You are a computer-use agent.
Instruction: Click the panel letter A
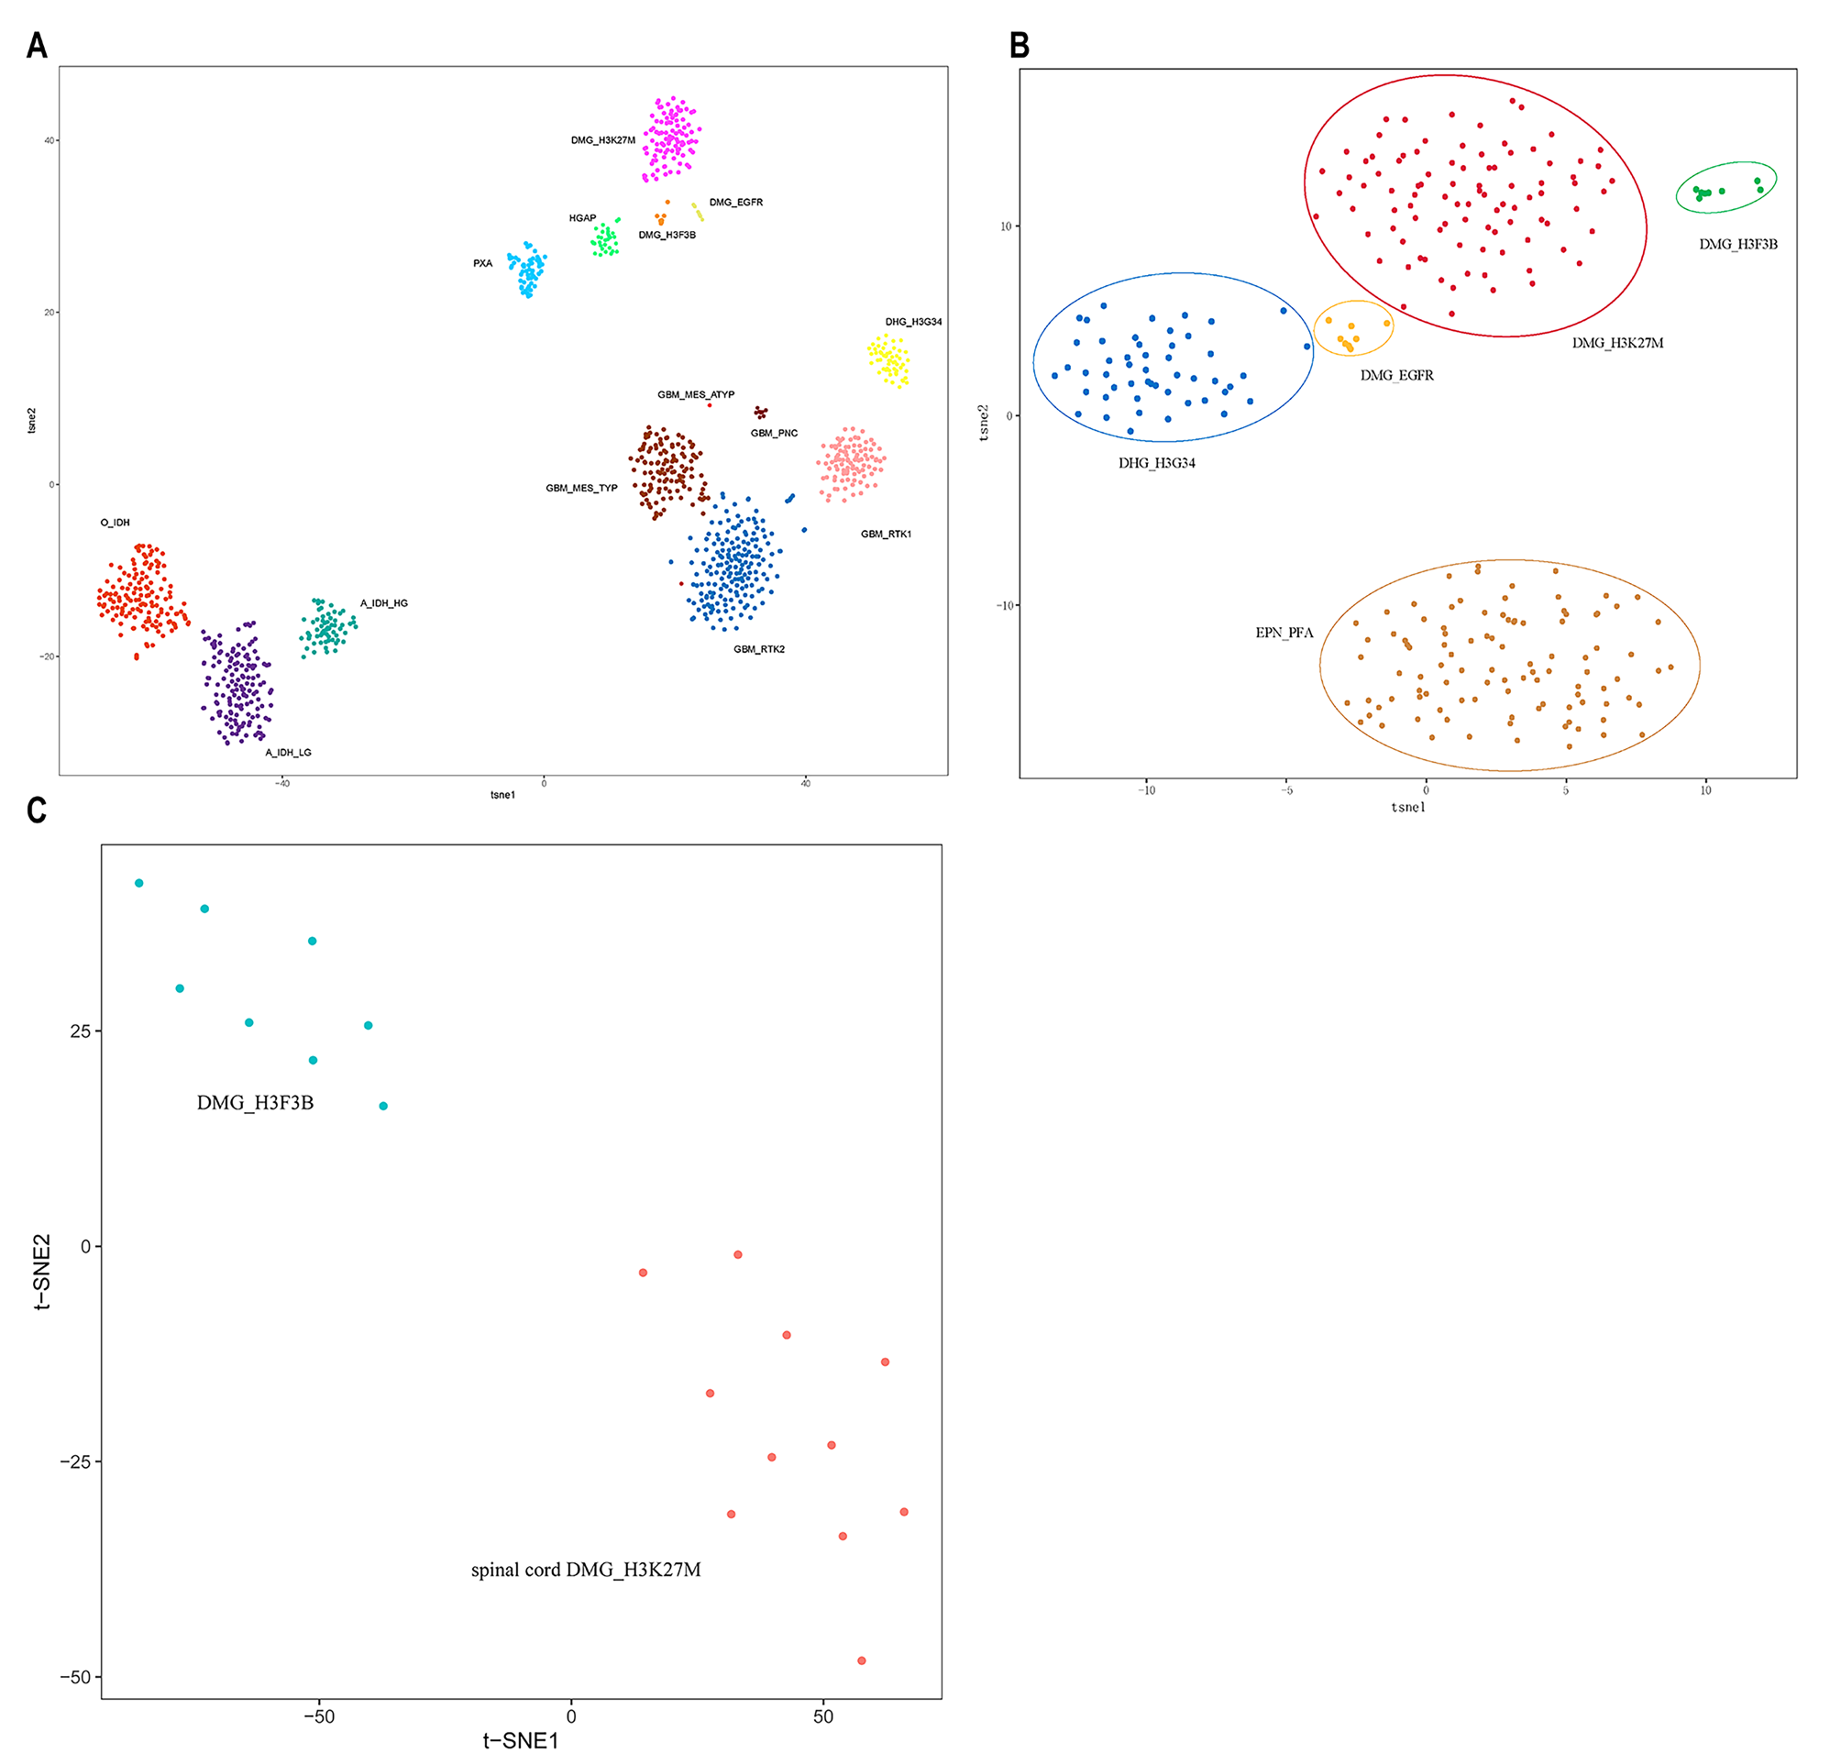click(x=37, y=45)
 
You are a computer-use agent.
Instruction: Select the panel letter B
click(x=1020, y=45)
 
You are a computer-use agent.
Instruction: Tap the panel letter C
click(x=37, y=810)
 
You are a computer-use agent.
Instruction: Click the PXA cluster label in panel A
click(x=483, y=264)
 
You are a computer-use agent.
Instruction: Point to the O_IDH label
click(x=116, y=523)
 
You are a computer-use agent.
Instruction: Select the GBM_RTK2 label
click(x=759, y=649)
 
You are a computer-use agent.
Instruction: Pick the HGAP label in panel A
click(x=582, y=218)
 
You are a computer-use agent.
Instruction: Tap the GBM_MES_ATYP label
click(x=696, y=394)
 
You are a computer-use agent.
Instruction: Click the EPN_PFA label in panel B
click(x=1284, y=634)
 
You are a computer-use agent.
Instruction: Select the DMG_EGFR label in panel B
click(x=1396, y=376)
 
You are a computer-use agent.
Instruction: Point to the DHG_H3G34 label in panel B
click(x=1156, y=463)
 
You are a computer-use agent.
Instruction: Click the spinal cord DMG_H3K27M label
click(x=586, y=1570)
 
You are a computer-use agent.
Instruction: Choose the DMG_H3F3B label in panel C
click(x=256, y=1103)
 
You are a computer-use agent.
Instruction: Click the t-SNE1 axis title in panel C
click(x=521, y=1740)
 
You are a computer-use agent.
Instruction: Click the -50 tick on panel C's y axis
click(x=75, y=1677)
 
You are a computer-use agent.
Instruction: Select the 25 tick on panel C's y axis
click(x=81, y=1031)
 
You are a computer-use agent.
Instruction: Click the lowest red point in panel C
click(x=861, y=1660)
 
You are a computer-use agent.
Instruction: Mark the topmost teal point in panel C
click(x=139, y=883)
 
